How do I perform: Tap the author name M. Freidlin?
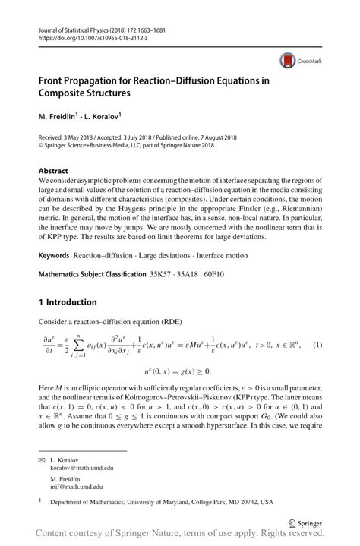click(62, 118)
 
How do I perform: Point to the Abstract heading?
click(53, 171)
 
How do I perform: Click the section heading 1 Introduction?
click(70, 301)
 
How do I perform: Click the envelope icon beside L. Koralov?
click(43, 460)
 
